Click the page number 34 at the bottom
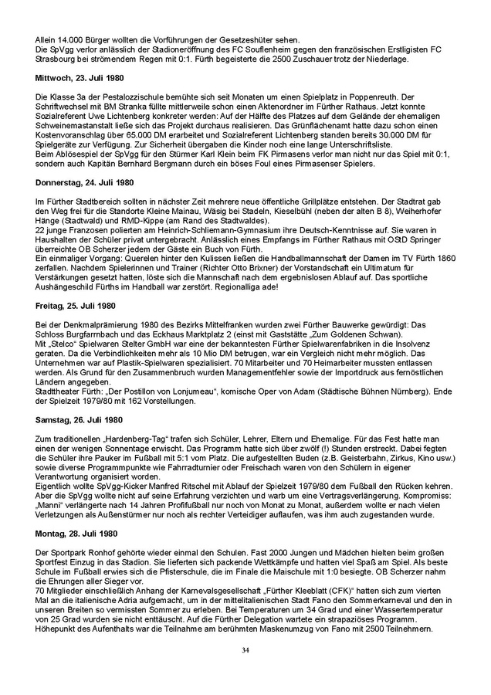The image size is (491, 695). pos(245,651)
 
